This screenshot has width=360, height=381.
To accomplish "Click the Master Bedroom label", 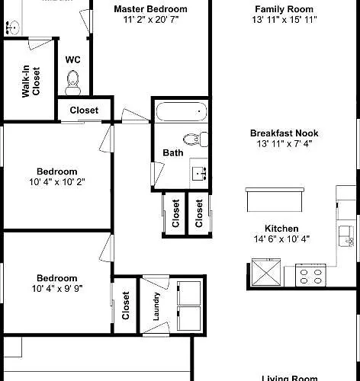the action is pyautogui.click(x=150, y=9).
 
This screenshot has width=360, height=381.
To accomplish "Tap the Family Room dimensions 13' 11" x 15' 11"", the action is pyautogui.click(x=284, y=20).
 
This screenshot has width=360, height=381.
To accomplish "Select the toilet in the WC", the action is pyautogui.click(x=73, y=83).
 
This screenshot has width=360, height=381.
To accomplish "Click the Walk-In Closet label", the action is pyautogui.click(x=31, y=82).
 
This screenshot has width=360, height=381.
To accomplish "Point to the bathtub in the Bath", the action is pyautogui.click(x=181, y=111).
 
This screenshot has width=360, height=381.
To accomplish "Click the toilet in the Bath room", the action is pyautogui.click(x=195, y=139).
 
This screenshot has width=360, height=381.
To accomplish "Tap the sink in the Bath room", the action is pyautogui.click(x=199, y=174).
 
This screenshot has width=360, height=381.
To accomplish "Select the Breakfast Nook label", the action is pyautogui.click(x=284, y=133).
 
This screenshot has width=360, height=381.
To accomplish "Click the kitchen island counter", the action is pyautogui.click(x=275, y=200).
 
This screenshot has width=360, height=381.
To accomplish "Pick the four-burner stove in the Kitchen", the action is pyautogui.click(x=310, y=276).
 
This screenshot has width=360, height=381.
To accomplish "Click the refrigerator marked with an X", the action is pyautogui.click(x=266, y=273).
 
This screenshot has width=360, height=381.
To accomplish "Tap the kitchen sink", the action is pyautogui.click(x=346, y=236).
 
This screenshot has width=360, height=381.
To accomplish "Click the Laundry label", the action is pyautogui.click(x=156, y=306).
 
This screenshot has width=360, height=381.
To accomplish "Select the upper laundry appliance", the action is pyautogui.click(x=188, y=293).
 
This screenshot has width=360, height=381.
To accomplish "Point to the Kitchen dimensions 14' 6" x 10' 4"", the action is pyautogui.click(x=281, y=239).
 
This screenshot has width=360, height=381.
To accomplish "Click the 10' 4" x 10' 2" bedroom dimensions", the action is pyautogui.click(x=57, y=182).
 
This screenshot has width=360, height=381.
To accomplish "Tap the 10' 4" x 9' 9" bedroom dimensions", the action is pyautogui.click(x=57, y=289).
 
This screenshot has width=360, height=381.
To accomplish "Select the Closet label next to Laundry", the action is pyautogui.click(x=126, y=306).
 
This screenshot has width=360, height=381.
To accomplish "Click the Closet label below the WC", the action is pyautogui.click(x=84, y=110).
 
